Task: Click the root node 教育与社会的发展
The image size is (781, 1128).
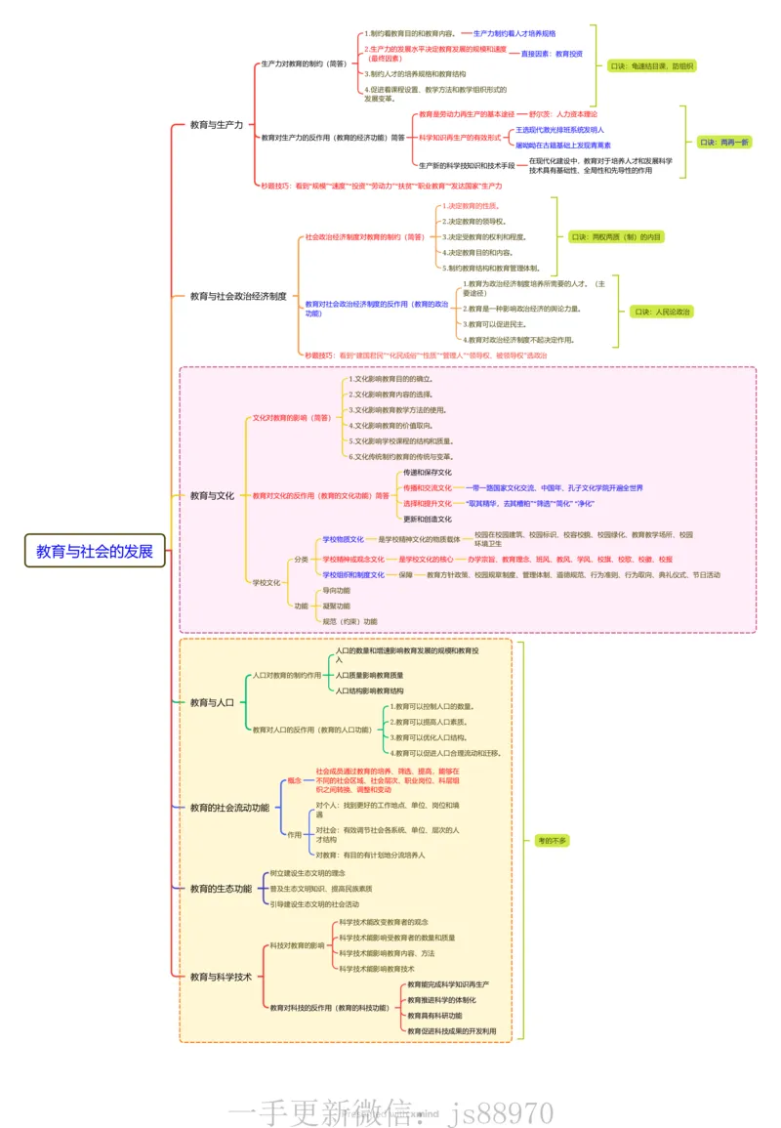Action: click(95, 551)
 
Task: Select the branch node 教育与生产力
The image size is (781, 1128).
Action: click(216, 125)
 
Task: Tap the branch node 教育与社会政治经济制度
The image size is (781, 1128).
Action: click(237, 295)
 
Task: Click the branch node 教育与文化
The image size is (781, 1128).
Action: click(212, 496)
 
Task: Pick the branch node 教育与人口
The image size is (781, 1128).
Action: click(212, 702)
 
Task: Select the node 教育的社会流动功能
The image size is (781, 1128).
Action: click(229, 808)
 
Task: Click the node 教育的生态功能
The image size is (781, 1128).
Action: click(221, 889)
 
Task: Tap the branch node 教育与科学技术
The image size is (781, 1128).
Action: click(221, 977)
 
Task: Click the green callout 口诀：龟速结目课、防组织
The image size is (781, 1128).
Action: click(651, 66)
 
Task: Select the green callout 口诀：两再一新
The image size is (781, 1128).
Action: click(724, 143)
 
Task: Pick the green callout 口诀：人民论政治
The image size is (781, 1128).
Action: click(662, 313)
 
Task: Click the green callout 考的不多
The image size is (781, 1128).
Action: click(552, 840)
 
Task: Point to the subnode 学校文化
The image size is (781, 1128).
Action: click(267, 582)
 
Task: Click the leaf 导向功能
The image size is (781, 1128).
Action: click(336, 590)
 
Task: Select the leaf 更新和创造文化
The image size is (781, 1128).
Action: click(428, 519)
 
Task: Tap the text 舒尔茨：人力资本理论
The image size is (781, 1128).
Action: click(562, 114)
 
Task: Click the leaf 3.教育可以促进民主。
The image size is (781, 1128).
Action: click(497, 323)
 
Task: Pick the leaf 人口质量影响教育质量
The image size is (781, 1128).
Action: click(369, 675)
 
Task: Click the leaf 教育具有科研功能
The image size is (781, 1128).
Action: click(434, 1016)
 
